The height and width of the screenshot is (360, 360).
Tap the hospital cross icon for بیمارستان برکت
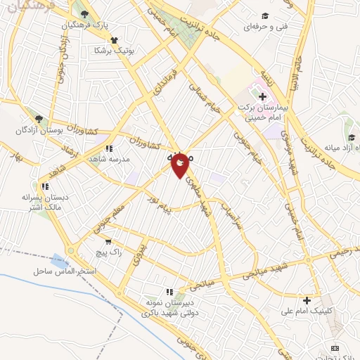tap(262, 96)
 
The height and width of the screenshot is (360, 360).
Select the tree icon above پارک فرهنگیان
tap(85, 14)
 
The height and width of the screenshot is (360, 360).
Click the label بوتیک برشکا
tap(116, 51)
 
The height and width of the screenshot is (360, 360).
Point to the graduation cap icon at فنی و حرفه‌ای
tap(264, 15)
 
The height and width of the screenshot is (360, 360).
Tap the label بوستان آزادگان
tap(41, 131)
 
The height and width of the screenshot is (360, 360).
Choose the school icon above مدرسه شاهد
tap(109, 148)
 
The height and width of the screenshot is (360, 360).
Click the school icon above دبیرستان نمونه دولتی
tap(169, 291)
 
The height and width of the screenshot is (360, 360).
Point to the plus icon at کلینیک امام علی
tap(307, 300)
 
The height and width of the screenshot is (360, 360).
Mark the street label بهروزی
tap(141, 249)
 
